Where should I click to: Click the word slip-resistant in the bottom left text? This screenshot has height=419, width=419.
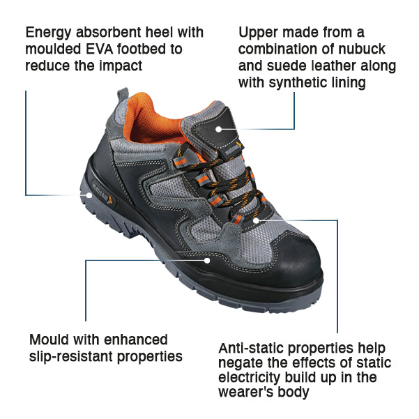coord(71,357)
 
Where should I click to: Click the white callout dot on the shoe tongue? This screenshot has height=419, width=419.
coord(219,130)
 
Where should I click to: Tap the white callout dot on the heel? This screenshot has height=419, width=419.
coord(89,195)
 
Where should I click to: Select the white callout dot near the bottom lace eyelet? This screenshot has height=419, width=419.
coord(256,220)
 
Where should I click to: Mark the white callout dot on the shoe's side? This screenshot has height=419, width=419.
coord(207,260)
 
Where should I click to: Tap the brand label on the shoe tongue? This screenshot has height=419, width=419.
coord(232,149)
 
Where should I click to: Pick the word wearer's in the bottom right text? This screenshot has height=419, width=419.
coord(246,393)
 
